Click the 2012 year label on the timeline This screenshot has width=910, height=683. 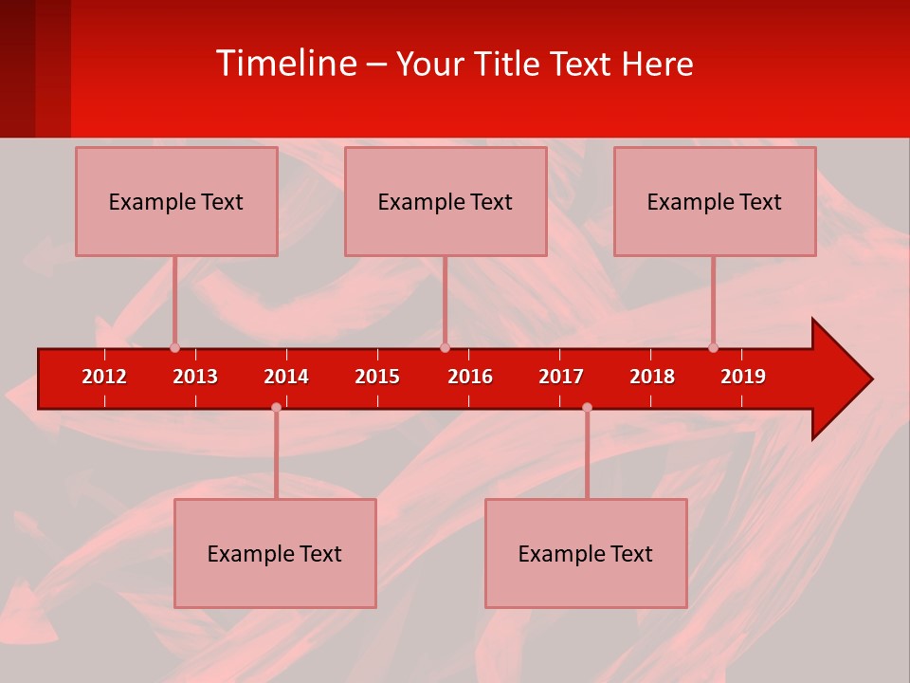pyautogui.click(x=104, y=377)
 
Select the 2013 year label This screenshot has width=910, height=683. pyautogui.click(x=195, y=377)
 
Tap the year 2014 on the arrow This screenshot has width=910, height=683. pyautogui.click(x=286, y=377)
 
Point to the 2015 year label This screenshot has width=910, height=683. pyautogui.click(x=377, y=377)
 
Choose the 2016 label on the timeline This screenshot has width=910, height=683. pyautogui.click(x=470, y=377)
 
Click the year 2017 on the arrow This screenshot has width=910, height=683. pyautogui.click(x=561, y=377)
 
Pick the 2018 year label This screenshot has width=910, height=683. pyautogui.click(x=652, y=377)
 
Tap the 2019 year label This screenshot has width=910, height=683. pyautogui.click(x=743, y=377)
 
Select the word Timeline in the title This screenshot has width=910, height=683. pyautogui.click(x=284, y=64)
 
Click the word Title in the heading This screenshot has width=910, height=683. pyautogui.click(x=509, y=64)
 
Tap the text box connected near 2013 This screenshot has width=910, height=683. pyautogui.click(x=176, y=201)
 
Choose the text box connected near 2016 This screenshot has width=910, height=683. pyautogui.click(x=446, y=201)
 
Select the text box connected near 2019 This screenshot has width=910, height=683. pyautogui.click(x=715, y=201)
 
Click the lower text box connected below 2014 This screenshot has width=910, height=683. pyautogui.click(x=275, y=553)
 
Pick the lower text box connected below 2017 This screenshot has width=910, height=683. pyautogui.click(x=586, y=553)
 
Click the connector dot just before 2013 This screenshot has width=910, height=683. pyautogui.click(x=174, y=347)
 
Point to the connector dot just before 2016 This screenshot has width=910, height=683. pyautogui.click(x=445, y=347)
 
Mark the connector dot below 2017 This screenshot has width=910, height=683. pyautogui.click(x=587, y=408)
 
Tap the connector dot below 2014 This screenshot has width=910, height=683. pyautogui.click(x=276, y=408)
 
